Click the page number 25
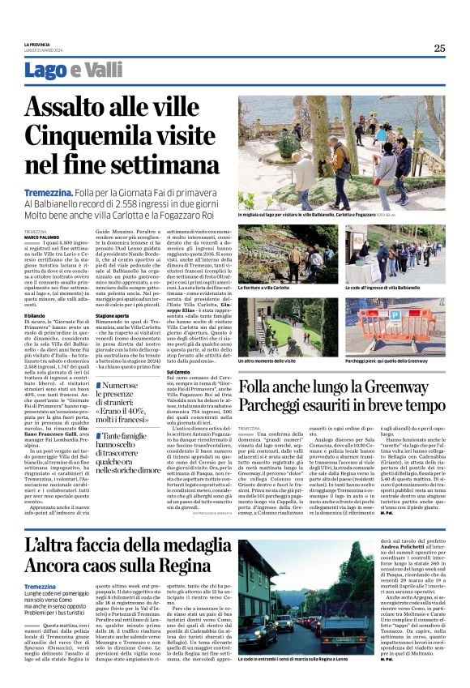(438, 48)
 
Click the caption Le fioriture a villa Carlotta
(264, 288)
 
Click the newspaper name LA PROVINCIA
(37, 44)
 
